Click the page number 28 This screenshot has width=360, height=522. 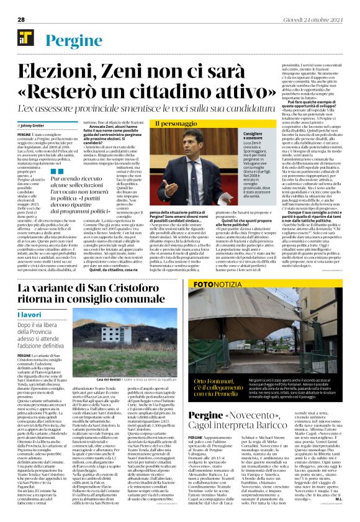(x=21, y=19)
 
